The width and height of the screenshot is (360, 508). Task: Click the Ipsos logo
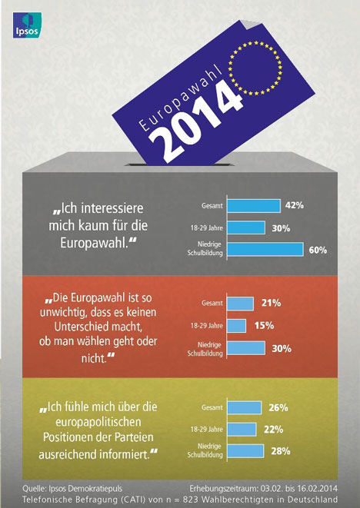point(27,25)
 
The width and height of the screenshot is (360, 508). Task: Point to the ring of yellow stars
point(255,68)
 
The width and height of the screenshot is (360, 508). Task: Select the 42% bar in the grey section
point(254,206)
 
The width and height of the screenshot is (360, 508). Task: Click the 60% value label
point(318,250)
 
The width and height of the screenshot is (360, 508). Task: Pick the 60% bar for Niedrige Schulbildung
point(265,250)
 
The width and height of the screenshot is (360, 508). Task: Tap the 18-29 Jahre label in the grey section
point(207,228)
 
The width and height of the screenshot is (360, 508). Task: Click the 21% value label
point(271,303)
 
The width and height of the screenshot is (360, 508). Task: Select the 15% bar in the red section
point(236,326)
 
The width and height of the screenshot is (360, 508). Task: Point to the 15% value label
point(264,325)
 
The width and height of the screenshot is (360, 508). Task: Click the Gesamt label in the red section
point(212,304)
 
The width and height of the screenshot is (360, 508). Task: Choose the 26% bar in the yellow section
point(244,407)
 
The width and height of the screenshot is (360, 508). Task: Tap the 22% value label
point(273,430)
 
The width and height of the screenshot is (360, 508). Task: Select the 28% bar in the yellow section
point(245,451)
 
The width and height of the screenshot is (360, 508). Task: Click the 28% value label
point(281,451)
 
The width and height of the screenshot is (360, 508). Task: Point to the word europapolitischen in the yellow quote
point(98,422)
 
